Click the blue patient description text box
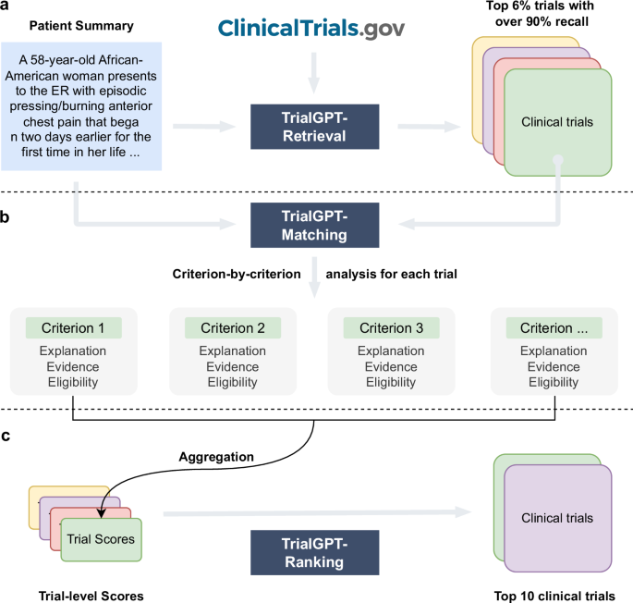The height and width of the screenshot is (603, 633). click(82, 106)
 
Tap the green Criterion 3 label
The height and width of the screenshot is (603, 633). click(391, 327)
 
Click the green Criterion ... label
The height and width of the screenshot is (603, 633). click(554, 327)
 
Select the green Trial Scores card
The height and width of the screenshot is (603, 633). click(102, 538)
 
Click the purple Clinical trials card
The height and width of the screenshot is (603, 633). click(557, 518)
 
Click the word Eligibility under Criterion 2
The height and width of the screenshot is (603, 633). click(232, 382)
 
